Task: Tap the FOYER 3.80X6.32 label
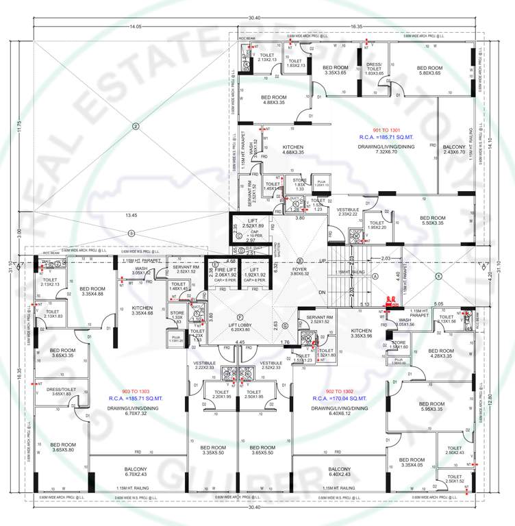click(x=300, y=271)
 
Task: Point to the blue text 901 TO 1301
click(x=383, y=129)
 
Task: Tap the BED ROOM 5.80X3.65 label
click(x=429, y=71)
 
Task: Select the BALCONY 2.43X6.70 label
click(x=453, y=149)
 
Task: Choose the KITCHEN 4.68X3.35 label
click(x=293, y=149)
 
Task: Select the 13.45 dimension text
click(x=130, y=216)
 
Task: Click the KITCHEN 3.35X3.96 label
click(x=361, y=334)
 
